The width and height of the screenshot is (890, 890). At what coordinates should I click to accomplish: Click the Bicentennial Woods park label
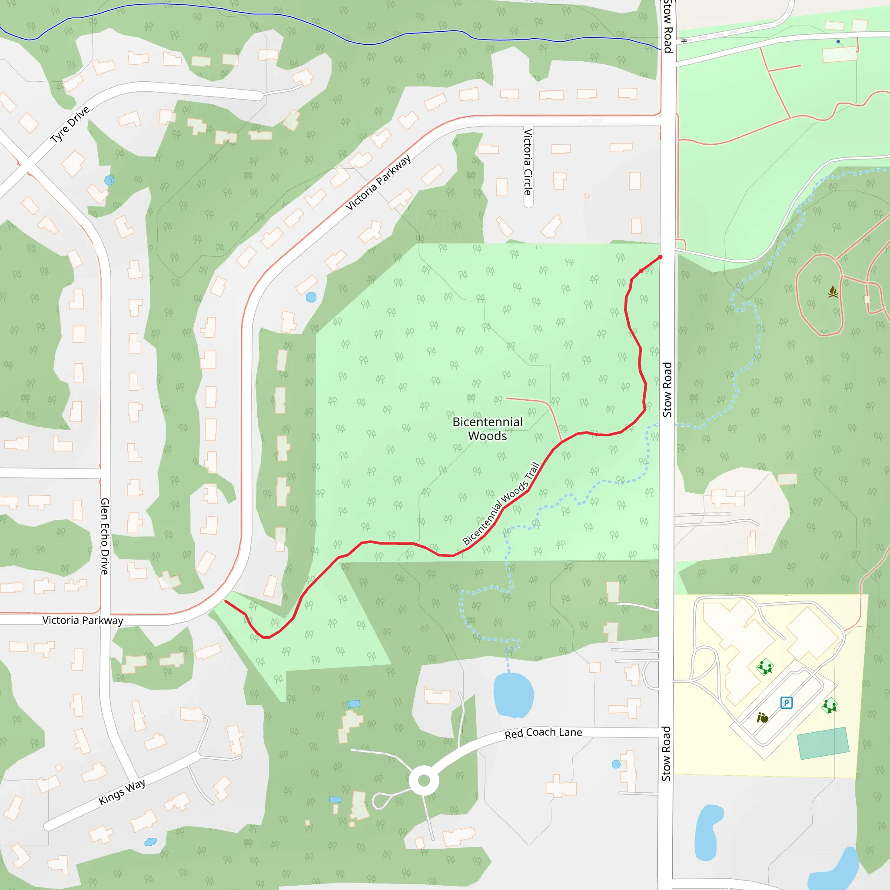click(x=488, y=428)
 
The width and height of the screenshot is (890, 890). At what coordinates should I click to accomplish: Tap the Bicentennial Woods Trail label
click(x=501, y=504)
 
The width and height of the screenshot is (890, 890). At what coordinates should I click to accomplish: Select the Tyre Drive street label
click(x=70, y=124)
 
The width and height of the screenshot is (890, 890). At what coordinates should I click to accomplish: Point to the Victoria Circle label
click(x=528, y=162)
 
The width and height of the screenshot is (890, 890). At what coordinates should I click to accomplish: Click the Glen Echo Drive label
click(x=105, y=536)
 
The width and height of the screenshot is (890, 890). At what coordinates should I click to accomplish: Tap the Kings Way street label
click(x=122, y=791)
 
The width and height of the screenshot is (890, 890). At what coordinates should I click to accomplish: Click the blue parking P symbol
click(x=786, y=703)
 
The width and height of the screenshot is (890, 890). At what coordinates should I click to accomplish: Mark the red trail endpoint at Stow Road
click(x=660, y=257)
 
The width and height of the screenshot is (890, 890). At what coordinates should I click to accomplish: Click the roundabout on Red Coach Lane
click(x=424, y=781)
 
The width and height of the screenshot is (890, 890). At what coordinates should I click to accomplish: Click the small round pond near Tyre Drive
click(x=109, y=180)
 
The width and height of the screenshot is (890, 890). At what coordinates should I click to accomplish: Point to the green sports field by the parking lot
click(x=823, y=743)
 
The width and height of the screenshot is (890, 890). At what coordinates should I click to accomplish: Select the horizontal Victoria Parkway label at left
click(x=83, y=620)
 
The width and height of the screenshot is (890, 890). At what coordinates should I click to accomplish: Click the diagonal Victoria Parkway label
click(x=378, y=183)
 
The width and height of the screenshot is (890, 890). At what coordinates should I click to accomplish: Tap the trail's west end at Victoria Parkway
click(x=225, y=601)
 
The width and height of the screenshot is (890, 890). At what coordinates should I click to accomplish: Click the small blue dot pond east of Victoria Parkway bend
click(x=311, y=297)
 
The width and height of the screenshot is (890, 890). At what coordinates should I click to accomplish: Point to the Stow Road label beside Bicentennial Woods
click(x=667, y=390)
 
